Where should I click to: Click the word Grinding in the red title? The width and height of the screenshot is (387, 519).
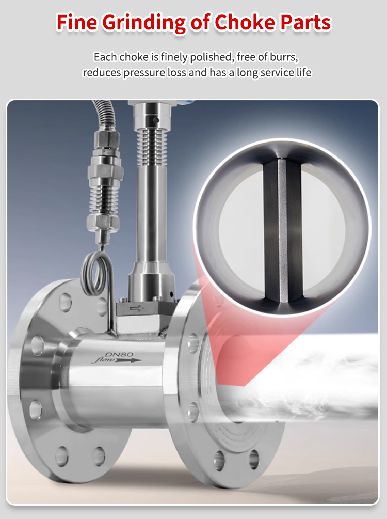coord(144,23)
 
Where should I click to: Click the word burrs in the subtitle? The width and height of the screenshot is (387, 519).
coord(284,57)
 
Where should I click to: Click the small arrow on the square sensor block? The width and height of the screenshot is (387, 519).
coord(137,308)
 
